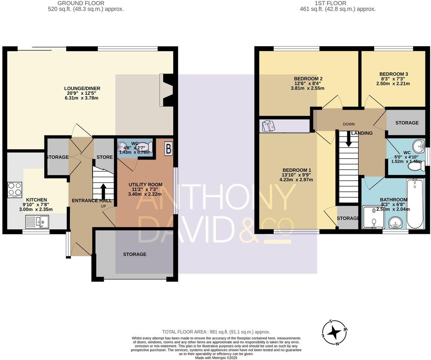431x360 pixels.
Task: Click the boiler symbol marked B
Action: pyautogui.click(x=168, y=149)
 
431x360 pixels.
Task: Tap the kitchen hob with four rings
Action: pyautogui.click(x=15, y=190)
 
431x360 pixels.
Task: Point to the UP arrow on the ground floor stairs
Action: pyautogui.click(x=103, y=191)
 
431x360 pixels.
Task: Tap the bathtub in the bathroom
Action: pyautogui.click(x=415, y=204)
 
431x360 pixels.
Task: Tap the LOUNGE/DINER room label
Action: pyautogui.click(x=82, y=88)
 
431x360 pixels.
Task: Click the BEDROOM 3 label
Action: pyautogui.click(x=393, y=74)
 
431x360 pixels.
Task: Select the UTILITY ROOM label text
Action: pyautogui.click(x=145, y=184)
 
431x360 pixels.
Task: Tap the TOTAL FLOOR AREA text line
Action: pyautogui.click(x=216, y=332)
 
